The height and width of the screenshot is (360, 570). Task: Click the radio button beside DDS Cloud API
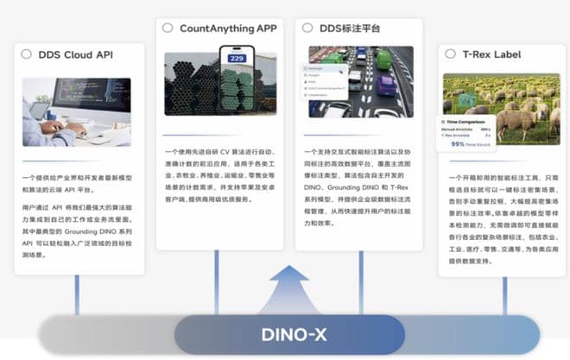[26, 54]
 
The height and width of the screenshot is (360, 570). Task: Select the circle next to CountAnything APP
[168, 28]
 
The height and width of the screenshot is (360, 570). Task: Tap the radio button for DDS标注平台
[307, 28]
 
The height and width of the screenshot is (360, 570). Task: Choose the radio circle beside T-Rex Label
[449, 54]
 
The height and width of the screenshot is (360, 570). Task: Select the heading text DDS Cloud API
[76, 54]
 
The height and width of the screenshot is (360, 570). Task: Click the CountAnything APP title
[228, 28]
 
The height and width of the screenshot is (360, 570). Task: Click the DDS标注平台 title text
[350, 28]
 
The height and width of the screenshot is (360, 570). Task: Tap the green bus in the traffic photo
[383, 59]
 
